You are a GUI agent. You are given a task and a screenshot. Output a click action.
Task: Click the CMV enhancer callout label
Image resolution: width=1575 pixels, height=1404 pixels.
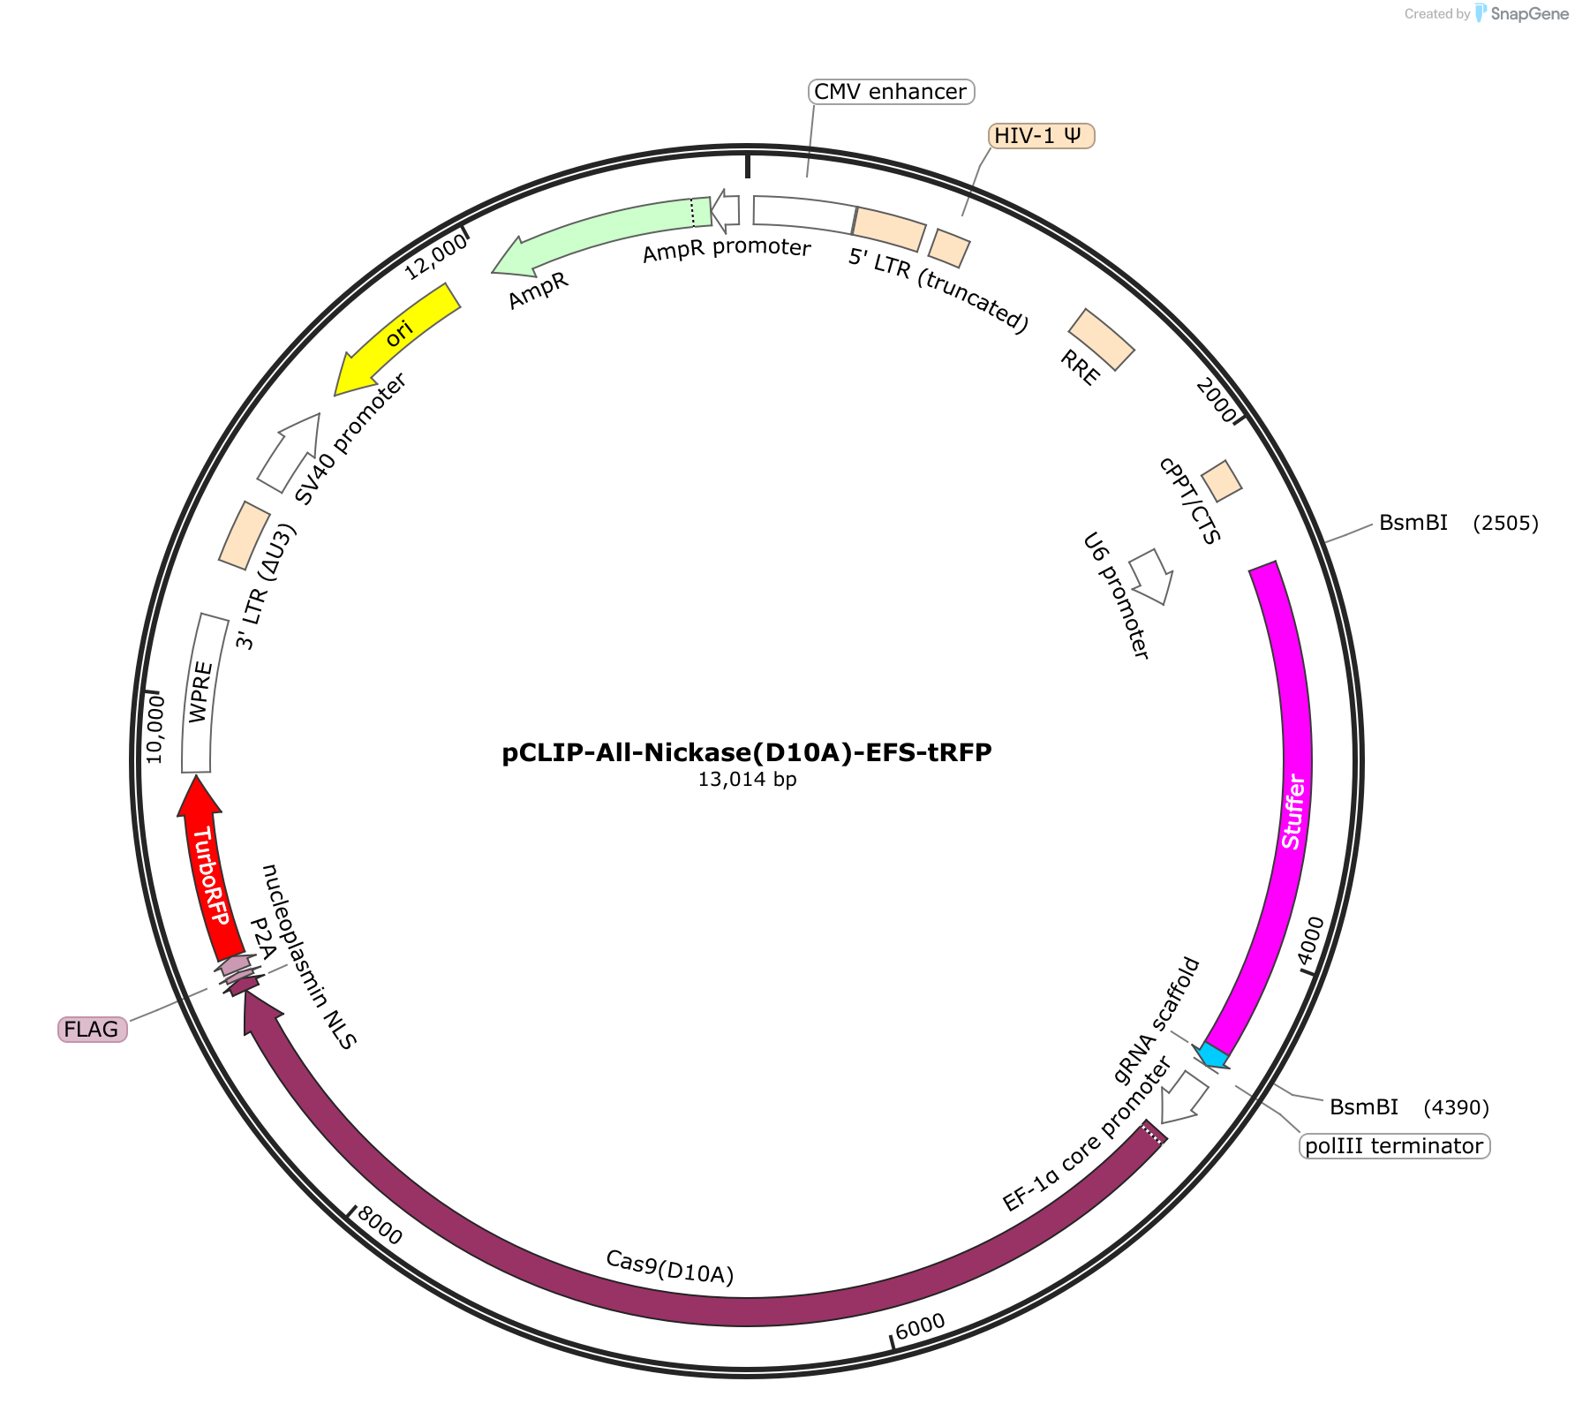point(891,92)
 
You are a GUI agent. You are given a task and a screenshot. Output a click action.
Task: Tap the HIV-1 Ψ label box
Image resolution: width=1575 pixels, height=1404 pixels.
point(1042,136)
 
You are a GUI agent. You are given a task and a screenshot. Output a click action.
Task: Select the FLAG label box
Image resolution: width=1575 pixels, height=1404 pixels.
point(93,1030)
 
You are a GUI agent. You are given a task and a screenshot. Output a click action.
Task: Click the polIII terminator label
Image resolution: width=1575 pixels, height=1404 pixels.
point(1395,1146)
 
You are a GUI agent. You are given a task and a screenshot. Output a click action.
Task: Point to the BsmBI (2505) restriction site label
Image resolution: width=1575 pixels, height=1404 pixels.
point(1458,523)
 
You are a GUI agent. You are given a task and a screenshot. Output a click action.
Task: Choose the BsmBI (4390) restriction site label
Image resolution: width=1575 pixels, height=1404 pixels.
point(1409,1107)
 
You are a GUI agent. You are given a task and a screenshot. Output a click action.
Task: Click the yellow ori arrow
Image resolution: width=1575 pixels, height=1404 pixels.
point(396,338)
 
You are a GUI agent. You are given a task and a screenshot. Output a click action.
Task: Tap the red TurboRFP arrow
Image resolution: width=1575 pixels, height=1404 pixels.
point(207,870)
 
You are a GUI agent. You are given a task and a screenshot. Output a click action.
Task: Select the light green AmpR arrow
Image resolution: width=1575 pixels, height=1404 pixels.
point(600,231)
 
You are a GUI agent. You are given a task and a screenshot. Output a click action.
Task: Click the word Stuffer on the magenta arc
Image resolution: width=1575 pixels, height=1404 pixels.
point(1293,812)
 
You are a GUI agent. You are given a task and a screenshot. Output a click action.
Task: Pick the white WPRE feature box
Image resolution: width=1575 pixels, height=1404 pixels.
point(202,694)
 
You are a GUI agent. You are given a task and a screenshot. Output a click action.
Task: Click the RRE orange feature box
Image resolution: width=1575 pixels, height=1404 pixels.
point(1101,339)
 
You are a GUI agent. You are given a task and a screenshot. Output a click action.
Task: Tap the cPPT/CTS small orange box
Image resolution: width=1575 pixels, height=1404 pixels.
point(1222,480)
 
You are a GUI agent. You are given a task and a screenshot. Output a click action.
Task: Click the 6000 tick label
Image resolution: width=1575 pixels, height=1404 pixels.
point(920,1325)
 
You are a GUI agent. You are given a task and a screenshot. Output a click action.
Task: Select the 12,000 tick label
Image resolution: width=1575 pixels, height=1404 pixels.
point(436,257)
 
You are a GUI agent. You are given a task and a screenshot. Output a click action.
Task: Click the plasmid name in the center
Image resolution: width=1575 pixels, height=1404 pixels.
point(747,752)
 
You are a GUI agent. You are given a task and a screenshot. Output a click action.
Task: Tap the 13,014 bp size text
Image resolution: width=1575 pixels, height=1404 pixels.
point(747,780)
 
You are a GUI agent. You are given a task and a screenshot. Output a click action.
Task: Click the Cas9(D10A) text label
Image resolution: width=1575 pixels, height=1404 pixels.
point(670,1267)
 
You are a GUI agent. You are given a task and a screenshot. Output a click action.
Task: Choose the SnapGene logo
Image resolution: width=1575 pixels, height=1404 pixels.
point(1522,13)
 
